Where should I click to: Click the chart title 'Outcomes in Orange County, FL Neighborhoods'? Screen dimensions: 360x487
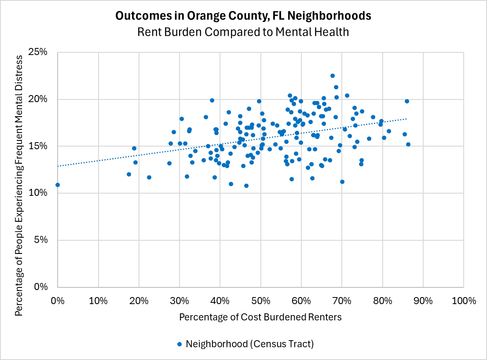coord(243,16)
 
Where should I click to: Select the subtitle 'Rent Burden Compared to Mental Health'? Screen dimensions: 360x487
coord(243,32)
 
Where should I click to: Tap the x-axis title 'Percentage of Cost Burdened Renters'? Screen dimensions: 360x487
coord(260,317)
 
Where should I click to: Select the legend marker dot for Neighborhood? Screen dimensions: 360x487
coord(179,344)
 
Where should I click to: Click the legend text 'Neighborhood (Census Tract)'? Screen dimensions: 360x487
coord(249,344)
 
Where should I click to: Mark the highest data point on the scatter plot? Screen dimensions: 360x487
coord(333,76)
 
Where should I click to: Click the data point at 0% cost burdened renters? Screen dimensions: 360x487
coord(58,185)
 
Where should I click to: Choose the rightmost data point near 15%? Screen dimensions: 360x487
coord(408,144)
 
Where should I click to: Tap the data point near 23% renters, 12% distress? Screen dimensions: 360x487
coord(149,177)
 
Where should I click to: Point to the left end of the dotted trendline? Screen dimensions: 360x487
coord(58,166)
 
